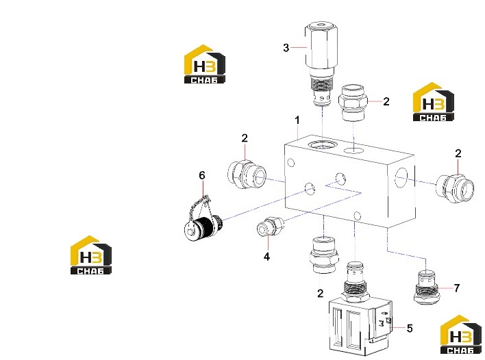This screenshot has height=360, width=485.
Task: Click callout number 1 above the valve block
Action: [x=297, y=120]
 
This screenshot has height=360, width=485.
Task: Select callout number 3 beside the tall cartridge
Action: [x=286, y=48]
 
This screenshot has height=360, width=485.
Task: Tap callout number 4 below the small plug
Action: [x=266, y=257]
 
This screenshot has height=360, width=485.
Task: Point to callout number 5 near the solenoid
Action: [x=410, y=328]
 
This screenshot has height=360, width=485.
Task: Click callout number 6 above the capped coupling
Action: [x=201, y=175]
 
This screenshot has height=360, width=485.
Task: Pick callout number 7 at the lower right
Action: [x=456, y=288]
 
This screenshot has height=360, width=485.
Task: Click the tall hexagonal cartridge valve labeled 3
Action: [x=321, y=64]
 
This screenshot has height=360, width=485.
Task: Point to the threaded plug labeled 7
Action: [x=427, y=287]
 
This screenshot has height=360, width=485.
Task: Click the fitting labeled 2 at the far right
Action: [x=455, y=189]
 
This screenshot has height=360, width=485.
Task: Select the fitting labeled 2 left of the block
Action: [x=247, y=175]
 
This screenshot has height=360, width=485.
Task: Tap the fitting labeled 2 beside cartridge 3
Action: [x=353, y=103]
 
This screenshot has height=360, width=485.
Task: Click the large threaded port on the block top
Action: [x=323, y=144]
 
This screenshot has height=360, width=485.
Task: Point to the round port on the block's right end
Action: [x=401, y=178]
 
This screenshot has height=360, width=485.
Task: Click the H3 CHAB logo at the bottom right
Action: [x=460, y=335]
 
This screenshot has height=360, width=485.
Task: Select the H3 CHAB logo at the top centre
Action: [x=204, y=64]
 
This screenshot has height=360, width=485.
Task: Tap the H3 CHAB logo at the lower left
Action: [x=91, y=255]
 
